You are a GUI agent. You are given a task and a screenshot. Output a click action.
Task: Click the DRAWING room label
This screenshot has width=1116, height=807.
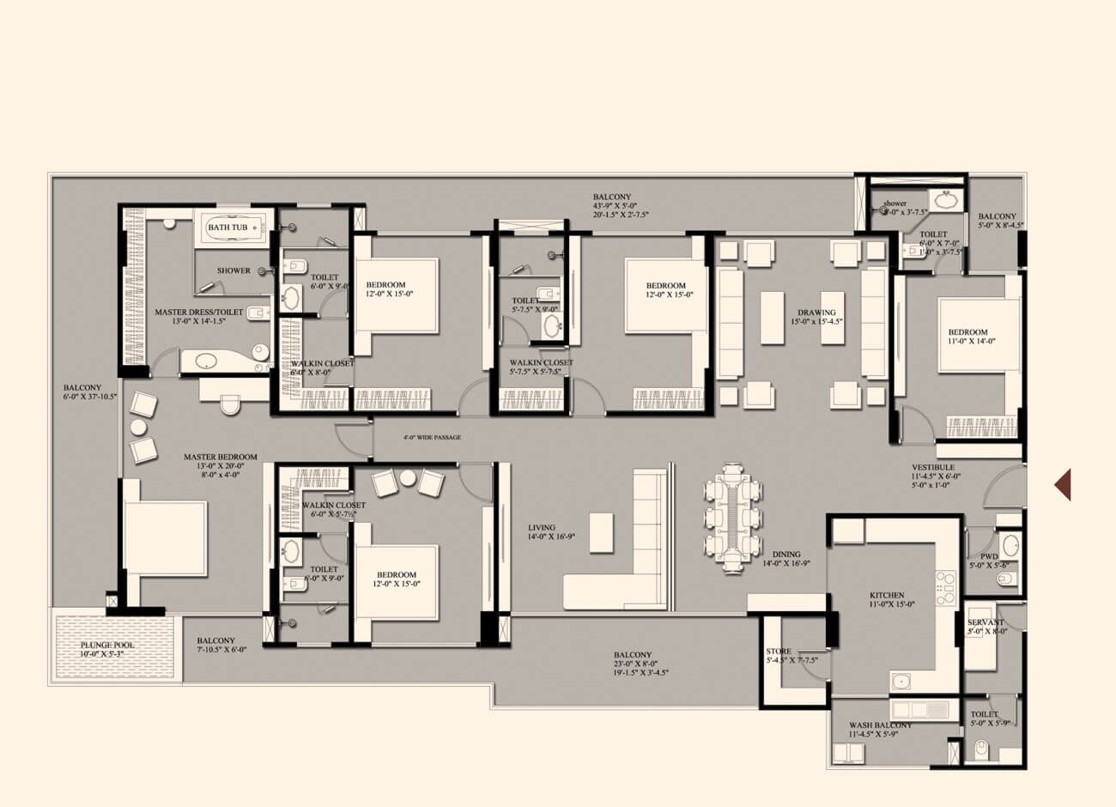[816, 312]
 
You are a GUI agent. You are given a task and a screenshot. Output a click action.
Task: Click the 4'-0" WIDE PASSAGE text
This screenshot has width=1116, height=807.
[432, 438]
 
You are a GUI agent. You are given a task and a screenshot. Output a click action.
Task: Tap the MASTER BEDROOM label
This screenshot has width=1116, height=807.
[221, 457]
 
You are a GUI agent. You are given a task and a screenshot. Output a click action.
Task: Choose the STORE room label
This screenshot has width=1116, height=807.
[779, 652]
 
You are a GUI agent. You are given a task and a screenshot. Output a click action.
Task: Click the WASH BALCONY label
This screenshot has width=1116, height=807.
[880, 725]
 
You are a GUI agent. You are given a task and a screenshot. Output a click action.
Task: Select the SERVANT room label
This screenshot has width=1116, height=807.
[980, 622]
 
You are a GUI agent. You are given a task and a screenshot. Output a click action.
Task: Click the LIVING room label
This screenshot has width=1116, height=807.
[542, 528]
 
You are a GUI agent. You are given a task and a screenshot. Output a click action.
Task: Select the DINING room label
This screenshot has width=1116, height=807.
[786, 555]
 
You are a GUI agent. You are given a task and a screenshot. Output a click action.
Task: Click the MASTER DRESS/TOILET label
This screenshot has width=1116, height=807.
[199, 312]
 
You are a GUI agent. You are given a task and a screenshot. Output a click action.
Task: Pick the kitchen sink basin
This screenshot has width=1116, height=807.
[901, 682]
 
